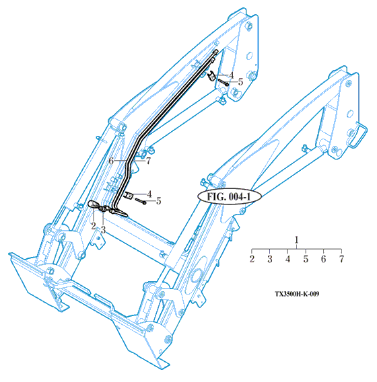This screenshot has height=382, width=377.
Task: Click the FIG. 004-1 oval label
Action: point(229,196)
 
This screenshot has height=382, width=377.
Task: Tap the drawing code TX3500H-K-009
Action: point(297,294)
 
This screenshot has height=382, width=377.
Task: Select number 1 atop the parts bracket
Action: point(296,240)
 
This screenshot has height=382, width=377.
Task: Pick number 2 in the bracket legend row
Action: point(252,259)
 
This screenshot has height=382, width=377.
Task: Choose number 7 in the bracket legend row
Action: point(341,259)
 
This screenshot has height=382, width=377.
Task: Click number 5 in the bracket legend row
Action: point(306,259)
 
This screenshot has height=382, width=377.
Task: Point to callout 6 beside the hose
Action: point(111,161)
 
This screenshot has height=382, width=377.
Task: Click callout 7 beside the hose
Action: point(148,161)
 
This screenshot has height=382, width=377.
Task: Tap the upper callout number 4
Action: point(231,75)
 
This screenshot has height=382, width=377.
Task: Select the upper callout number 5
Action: point(241,81)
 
